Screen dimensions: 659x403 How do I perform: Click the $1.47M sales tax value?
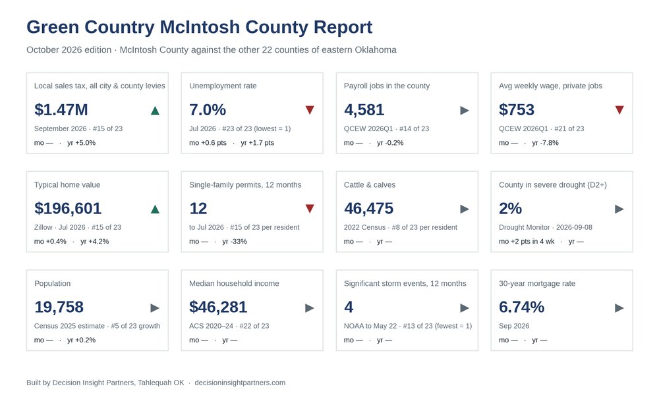coord(61,110)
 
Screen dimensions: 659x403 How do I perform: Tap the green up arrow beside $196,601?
coord(155,209)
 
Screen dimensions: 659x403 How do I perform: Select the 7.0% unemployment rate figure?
coord(208,110)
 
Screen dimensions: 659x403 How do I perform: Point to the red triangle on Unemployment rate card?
coord(310,110)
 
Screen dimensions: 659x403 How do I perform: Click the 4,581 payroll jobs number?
coord(364,110)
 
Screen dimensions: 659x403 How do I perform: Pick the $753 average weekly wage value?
coord(517,110)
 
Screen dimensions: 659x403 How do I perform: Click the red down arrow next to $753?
coord(619,110)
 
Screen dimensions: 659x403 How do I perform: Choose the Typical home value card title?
coord(67,184)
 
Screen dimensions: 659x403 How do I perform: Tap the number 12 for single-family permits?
coord(198,209)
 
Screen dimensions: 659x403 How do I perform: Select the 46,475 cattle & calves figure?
coord(368,209)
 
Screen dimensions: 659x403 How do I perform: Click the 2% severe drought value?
coord(510,209)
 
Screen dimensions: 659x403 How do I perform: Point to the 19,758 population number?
coord(59,308)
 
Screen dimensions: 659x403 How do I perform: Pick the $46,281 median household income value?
coord(218,308)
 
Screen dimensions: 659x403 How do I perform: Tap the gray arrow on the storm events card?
coord(465,308)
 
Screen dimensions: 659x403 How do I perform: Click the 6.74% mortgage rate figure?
coord(521,308)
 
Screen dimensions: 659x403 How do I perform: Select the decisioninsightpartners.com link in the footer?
coord(240,383)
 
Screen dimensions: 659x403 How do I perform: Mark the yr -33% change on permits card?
coord(235,242)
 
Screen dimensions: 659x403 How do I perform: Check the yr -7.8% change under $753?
coord(545,143)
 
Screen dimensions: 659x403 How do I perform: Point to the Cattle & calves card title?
coord(370,184)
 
